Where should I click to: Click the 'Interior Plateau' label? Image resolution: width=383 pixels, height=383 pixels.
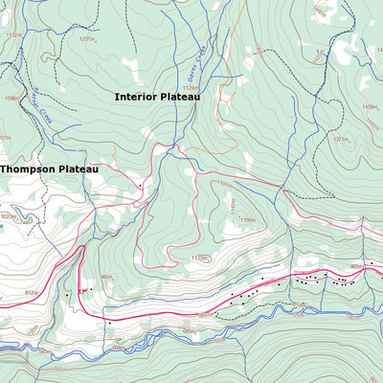[x=155, y=97]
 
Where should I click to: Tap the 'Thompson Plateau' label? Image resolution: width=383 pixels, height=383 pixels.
[x=49, y=169]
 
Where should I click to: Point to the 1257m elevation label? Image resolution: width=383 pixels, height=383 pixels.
[x=87, y=40]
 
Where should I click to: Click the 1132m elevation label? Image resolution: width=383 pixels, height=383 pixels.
[x=12, y=35]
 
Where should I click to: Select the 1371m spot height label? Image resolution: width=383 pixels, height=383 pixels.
[x=342, y=140]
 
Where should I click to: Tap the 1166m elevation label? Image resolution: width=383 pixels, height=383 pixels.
[x=248, y=220]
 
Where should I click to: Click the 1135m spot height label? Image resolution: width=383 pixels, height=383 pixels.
[x=199, y=258]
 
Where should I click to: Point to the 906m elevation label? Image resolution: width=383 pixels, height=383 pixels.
[x=106, y=277]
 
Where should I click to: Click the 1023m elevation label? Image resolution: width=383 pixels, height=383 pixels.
[x=10, y=216]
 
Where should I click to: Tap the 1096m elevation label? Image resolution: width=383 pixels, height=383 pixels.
[x=11, y=98]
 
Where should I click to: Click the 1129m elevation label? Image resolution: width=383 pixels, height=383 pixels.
[x=191, y=88]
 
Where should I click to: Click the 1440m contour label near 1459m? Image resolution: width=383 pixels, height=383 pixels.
[x=372, y=123]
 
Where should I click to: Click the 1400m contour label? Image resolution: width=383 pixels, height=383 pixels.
[x=319, y=14]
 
